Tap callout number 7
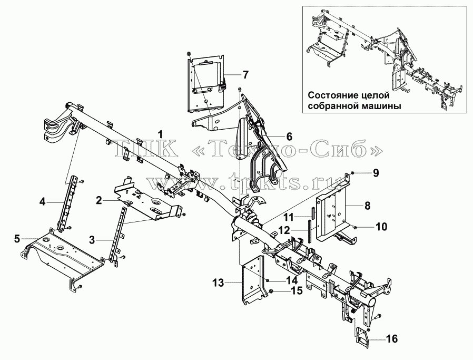tap(246, 74)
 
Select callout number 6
tap(289, 137)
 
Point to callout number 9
tap(375, 173)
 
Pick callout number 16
tap(392, 338)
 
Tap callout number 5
tap(17, 239)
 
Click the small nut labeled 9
tap(352, 172)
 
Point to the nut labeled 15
tap(271, 291)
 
